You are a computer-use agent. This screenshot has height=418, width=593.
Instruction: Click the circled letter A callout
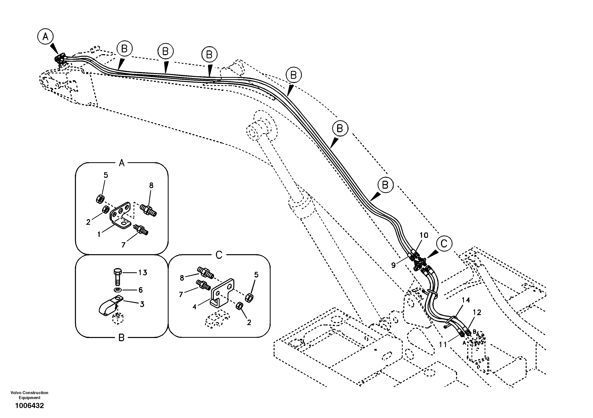(45, 37)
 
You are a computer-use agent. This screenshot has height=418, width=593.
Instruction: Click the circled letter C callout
(444, 243)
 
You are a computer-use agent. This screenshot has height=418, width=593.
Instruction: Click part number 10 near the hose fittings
(424, 235)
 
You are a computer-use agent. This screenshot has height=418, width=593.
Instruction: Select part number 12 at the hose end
(477, 312)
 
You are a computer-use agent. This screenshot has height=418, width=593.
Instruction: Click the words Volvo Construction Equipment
(29, 395)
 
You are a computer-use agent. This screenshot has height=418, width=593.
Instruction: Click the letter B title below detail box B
(121, 338)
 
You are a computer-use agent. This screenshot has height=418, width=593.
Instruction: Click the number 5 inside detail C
(256, 275)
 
